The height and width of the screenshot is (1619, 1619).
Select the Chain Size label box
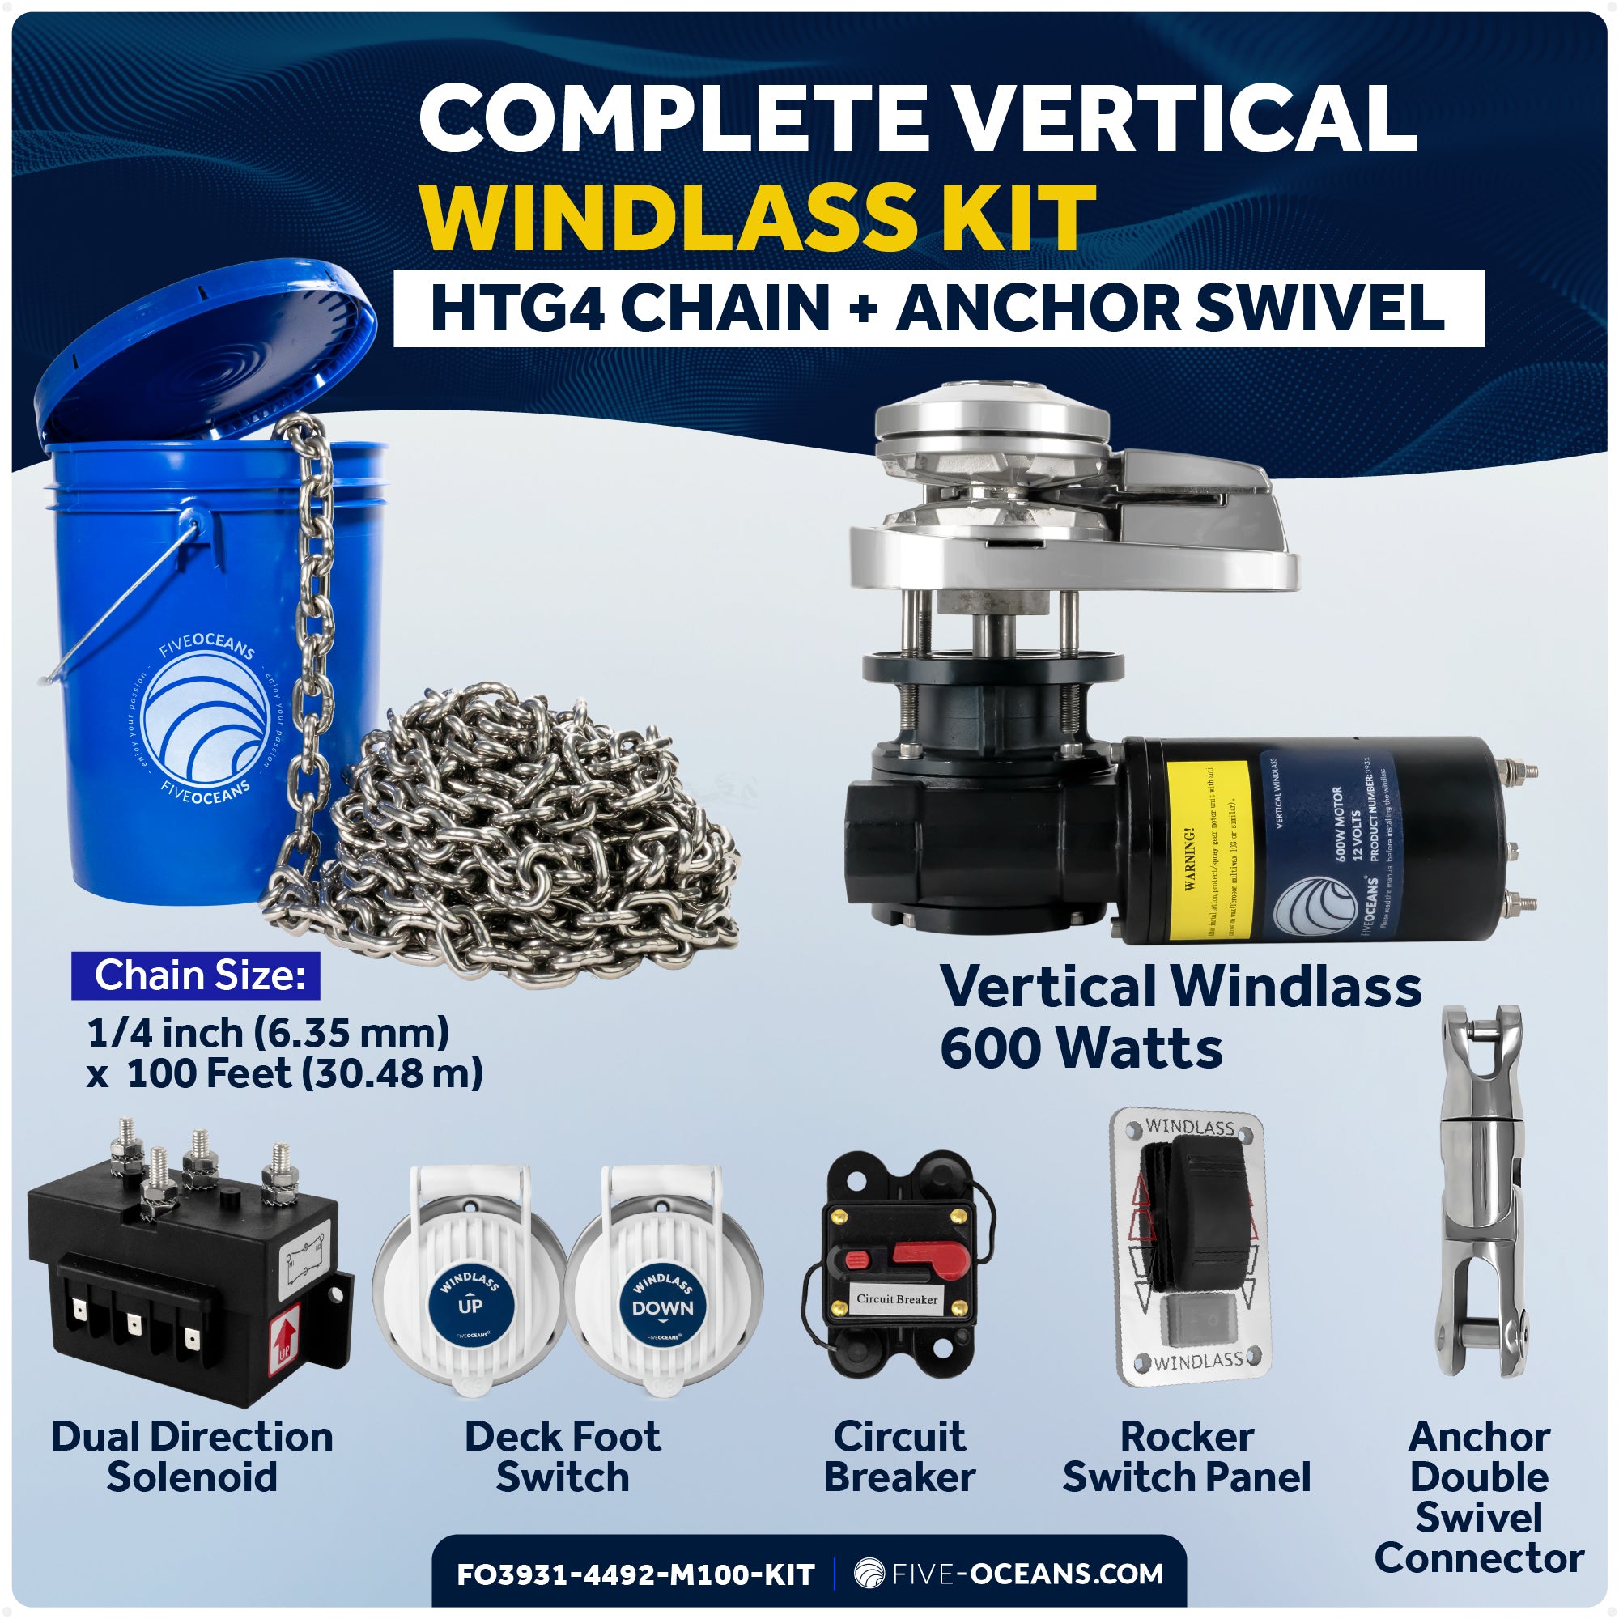coord(196,975)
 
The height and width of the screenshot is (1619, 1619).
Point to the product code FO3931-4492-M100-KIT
coord(635,1574)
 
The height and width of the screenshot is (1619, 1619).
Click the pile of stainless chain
coord(520,838)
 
